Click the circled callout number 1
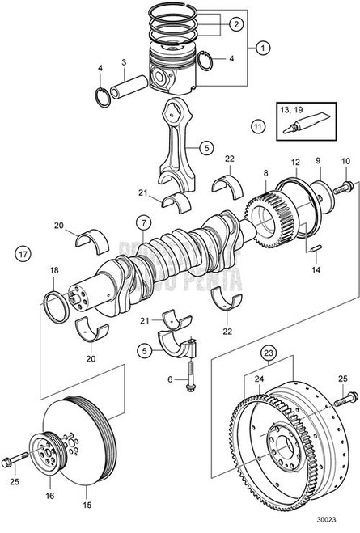(262, 48)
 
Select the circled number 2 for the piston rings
(235, 24)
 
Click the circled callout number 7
(142, 222)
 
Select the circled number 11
(257, 127)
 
